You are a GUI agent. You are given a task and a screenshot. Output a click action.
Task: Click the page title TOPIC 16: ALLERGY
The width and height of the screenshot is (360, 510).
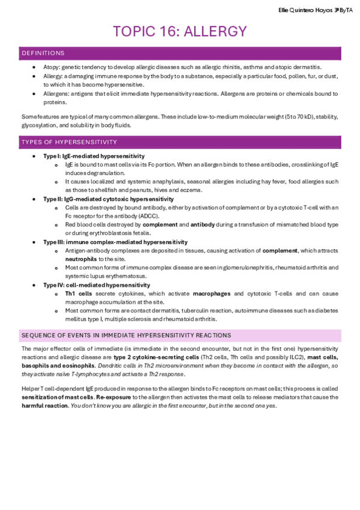click(180, 32)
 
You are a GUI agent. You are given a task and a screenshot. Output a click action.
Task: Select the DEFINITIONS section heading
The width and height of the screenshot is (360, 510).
click(43, 54)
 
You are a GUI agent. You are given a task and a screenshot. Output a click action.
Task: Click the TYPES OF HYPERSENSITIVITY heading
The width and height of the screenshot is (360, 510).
click(69, 142)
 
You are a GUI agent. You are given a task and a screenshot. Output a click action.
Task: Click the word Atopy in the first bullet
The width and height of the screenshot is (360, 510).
click(52, 67)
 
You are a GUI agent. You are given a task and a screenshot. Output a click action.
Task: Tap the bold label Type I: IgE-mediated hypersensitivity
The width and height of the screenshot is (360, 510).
click(94, 156)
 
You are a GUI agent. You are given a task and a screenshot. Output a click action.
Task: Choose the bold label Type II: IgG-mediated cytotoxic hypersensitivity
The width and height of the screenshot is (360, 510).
click(108, 198)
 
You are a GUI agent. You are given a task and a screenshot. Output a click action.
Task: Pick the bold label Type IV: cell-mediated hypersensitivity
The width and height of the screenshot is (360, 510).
click(96, 284)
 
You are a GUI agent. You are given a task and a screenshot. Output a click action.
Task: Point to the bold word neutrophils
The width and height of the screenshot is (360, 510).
click(81, 259)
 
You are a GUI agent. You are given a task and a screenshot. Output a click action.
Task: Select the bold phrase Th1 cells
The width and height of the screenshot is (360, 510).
click(78, 293)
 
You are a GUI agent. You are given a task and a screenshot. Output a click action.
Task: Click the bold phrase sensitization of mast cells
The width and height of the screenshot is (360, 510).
click(58, 398)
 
